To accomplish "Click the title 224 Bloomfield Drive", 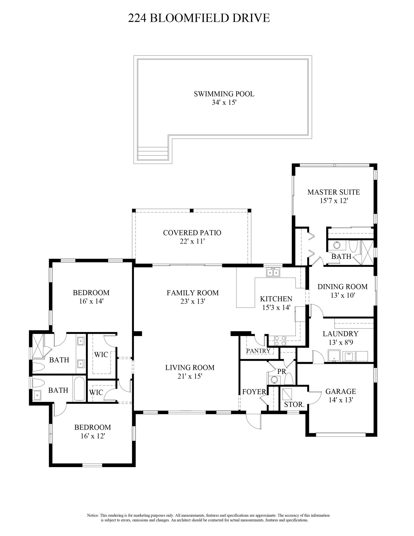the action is pyautogui.click(x=199, y=18).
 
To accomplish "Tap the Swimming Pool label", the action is pyautogui.click(x=224, y=94).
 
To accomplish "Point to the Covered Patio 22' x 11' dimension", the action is pyautogui.click(x=192, y=241).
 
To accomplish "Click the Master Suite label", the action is pyautogui.click(x=334, y=192).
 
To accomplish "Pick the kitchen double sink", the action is pyautogui.click(x=273, y=272).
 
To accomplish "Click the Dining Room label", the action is pyautogui.click(x=342, y=286).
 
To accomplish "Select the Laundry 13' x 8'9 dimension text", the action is pyautogui.click(x=341, y=342).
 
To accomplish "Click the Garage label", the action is pyautogui.click(x=341, y=391).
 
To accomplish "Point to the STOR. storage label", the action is pyautogui.click(x=294, y=404).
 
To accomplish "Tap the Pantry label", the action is pyautogui.click(x=258, y=351).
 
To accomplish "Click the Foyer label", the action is pyautogui.click(x=254, y=392).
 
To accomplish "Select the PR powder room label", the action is pyautogui.click(x=282, y=371).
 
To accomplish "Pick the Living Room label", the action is pyautogui.click(x=190, y=367).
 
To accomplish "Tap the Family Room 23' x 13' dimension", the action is pyautogui.click(x=193, y=301).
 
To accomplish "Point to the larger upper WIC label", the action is pyautogui.click(x=101, y=355).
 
